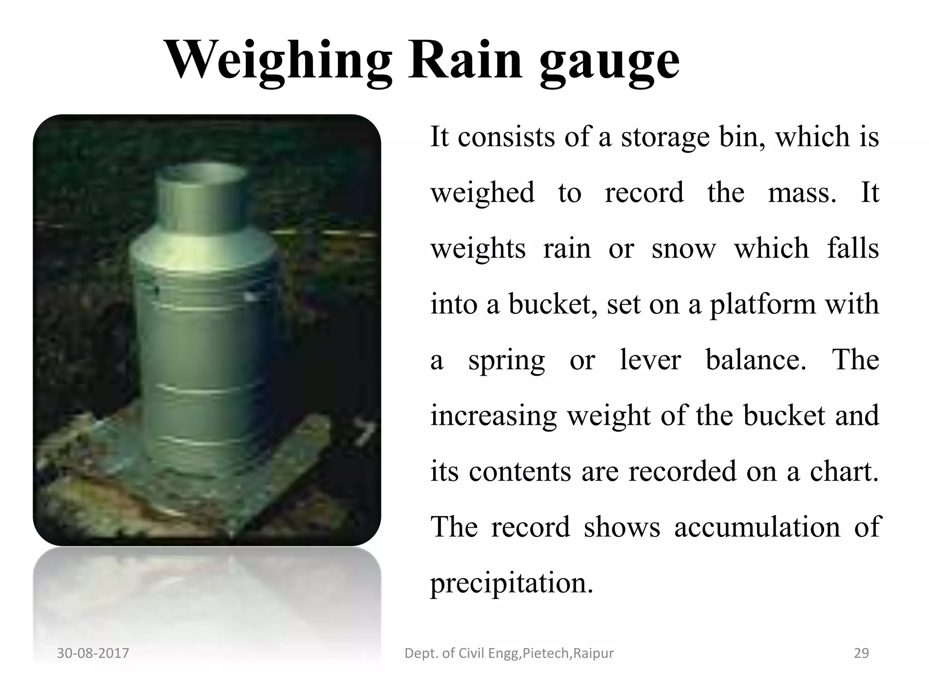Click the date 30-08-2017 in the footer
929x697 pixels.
93,653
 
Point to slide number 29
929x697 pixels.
861,653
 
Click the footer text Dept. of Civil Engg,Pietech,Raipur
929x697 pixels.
509,653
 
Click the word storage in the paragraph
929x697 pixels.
665,137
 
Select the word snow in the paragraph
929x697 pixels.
684,249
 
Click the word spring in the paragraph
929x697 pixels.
506,361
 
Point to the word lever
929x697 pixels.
650,360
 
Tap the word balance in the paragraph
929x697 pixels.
756,360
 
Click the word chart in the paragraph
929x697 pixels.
844,471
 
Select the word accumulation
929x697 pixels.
757,527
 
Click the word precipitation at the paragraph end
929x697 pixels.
511,584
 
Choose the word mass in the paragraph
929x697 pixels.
802,193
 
